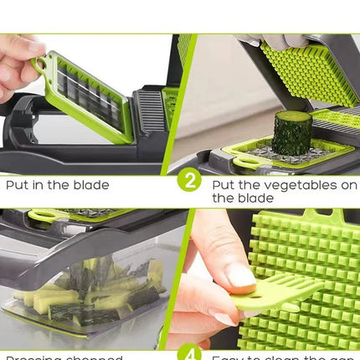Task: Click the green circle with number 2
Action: coord(189,179)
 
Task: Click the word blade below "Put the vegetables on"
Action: coord(256,198)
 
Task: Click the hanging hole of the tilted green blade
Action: coord(39,64)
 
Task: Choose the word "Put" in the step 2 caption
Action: coord(222,184)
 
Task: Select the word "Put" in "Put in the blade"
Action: coord(15,185)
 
